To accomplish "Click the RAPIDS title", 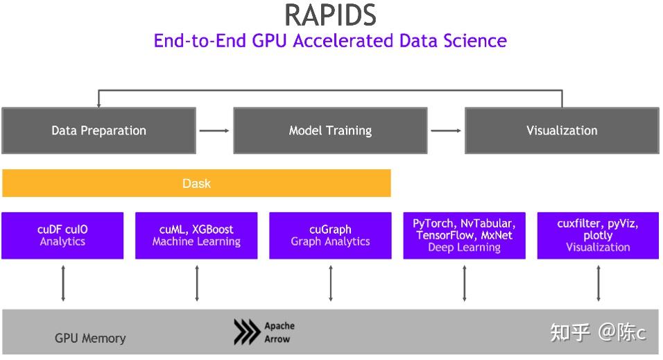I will pos(330,15).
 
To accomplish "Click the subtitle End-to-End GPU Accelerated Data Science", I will pos(330,40).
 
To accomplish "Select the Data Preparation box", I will pos(98,130).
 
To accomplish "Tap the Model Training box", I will pos(330,130).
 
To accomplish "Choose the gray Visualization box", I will pos(561,130).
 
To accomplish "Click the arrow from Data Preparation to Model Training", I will pos(214,130).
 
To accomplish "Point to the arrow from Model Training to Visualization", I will pos(446,130).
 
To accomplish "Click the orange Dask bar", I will pos(196,184).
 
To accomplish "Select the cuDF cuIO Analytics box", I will pos(62,236).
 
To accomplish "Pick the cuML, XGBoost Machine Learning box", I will pos(196,236).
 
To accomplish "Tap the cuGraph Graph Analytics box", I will pos(330,236).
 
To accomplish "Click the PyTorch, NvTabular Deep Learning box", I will pos(464,236).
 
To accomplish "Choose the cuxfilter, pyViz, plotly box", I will pos(598,236).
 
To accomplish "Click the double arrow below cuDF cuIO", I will pos(63,283).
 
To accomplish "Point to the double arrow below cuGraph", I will pos(331,283).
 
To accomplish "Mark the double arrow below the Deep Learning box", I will pos(465,283).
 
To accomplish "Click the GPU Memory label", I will pos(90,338).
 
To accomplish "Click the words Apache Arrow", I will pos(279,333).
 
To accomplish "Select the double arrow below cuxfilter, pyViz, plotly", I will pos(599,283).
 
